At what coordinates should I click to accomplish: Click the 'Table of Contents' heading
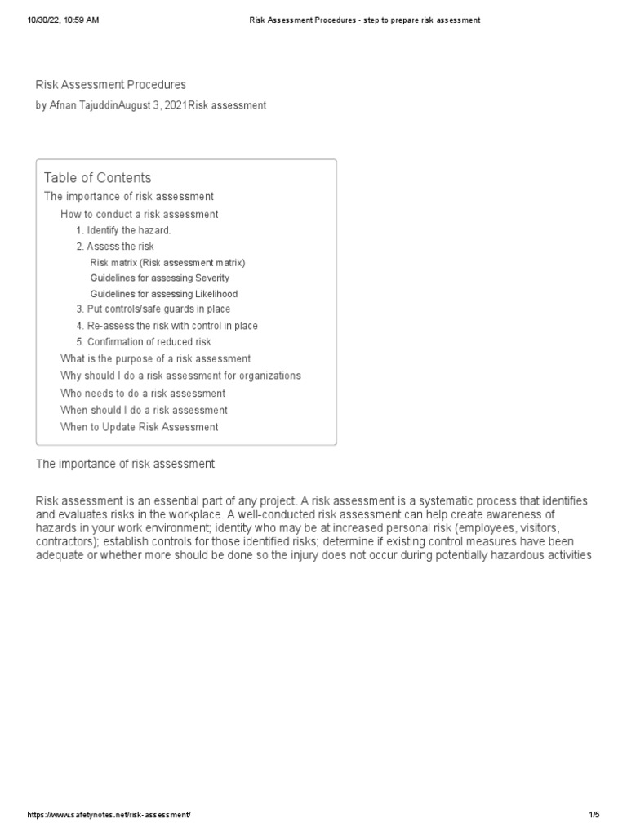pyautogui.click(x=97, y=178)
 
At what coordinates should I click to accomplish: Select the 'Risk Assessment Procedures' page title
pyautogui.click(x=111, y=85)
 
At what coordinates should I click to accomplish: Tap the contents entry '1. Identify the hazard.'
pyautogui.click(x=123, y=230)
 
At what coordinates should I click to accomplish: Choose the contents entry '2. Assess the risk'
pyautogui.click(x=115, y=247)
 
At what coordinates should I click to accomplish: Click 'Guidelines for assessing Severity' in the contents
pyautogui.click(x=160, y=278)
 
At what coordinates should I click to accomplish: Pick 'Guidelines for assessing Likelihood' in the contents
pyautogui.click(x=164, y=294)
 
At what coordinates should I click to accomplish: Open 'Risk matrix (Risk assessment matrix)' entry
pyautogui.click(x=167, y=263)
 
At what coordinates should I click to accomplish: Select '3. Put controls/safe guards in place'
pyautogui.click(x=153, y=309)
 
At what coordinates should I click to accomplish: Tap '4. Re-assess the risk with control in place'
pyautogui.click(x=167, y=326)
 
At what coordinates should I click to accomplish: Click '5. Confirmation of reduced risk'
pyautogui.click(x=144, y=342)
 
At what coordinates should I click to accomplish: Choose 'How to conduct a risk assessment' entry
pyautogui.click(x=139, y=214)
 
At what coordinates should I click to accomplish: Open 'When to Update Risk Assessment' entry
pyautogui.click(x=139, y=427)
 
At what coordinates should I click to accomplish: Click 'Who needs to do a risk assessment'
pyautogui.click(x=143, y=394)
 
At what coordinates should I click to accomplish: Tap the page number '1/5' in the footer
pyautogui.click(x=594, y=816)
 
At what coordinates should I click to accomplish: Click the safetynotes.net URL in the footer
pyautogui.click(x=110, y=816)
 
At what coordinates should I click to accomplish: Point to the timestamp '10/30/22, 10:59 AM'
pyautogui.click(x=64, y=20)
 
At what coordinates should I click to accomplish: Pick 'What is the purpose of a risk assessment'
pyautogui.click(x=155, y=359)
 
